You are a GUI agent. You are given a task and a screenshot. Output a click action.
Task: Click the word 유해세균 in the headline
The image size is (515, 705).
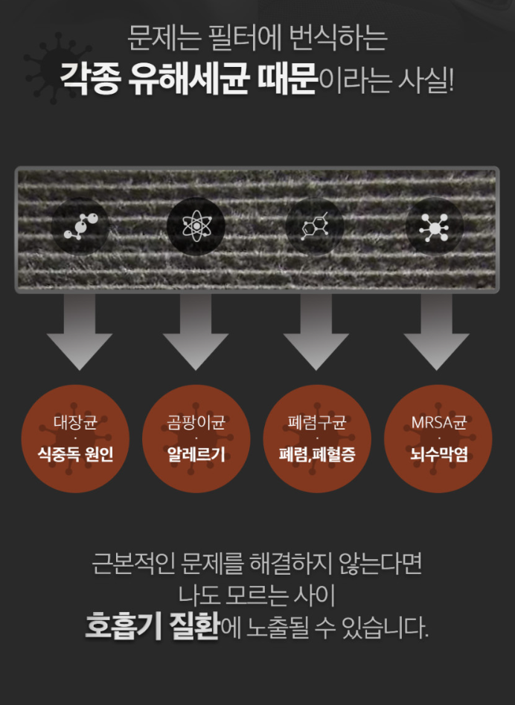[189, 79]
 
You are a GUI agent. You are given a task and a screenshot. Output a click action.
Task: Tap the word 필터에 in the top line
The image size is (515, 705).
[245, 38]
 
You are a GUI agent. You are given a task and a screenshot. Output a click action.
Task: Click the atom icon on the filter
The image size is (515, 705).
[196, 226]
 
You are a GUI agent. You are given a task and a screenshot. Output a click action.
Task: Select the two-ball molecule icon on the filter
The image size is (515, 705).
[80, 226]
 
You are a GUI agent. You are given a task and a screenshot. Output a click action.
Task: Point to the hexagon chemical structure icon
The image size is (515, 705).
[315, 226]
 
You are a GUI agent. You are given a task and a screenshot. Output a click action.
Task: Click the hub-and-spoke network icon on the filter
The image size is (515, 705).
[434, 226]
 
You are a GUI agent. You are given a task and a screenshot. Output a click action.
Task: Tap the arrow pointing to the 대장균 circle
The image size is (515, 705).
[80, 332]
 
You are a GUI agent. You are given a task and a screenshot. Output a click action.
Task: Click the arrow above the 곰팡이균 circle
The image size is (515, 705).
[196, 332]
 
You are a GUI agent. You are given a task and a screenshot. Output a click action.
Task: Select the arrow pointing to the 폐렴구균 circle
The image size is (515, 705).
[316, 332]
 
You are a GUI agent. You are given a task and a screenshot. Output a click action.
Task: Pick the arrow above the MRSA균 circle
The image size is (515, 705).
[436, 332]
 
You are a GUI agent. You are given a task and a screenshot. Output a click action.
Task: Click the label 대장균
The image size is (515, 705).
[75, 422]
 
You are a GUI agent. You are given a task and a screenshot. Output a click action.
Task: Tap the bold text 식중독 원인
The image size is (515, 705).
[75, 454]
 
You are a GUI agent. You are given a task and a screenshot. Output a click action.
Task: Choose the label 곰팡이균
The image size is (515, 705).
[196, 422]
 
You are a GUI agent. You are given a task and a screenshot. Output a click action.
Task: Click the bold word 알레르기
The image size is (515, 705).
[196, 454]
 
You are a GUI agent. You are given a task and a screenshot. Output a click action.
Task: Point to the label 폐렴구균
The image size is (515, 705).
[317, 422]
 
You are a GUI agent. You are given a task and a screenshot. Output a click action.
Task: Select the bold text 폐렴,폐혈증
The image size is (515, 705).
[317, 454]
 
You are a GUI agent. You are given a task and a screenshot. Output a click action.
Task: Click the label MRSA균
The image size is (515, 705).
[438, 422]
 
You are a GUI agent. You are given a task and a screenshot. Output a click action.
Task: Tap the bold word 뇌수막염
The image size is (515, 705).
[438, 454]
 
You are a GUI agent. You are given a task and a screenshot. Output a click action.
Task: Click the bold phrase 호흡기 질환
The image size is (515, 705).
[153, 626]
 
